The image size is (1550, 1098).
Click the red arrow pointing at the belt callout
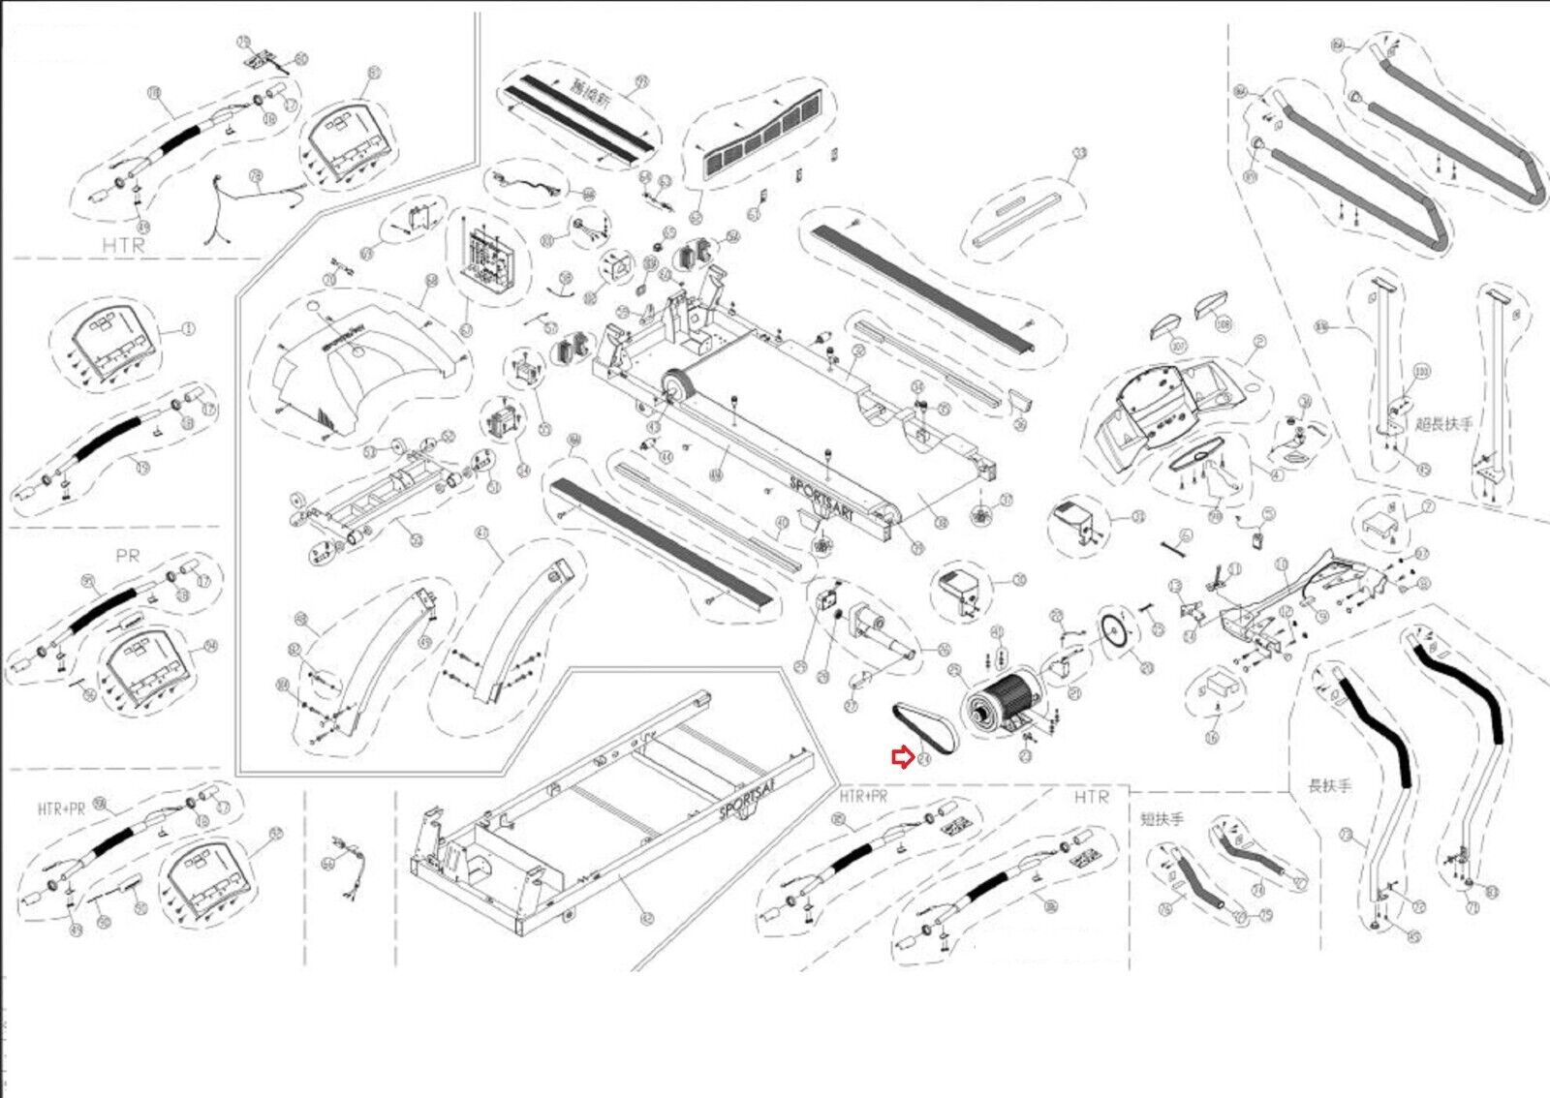(901, 758)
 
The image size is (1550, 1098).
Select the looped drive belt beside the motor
(925, 728)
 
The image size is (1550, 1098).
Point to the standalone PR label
(127, 556)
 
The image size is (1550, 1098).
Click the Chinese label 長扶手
(1329, 785)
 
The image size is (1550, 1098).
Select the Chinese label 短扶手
(1162, 819)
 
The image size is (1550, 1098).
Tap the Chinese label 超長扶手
(1442, 423)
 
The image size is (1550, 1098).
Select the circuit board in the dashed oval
(491, 258)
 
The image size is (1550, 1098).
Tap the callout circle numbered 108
(1223, 324)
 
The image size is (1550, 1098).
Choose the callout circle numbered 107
(1178, 346)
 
